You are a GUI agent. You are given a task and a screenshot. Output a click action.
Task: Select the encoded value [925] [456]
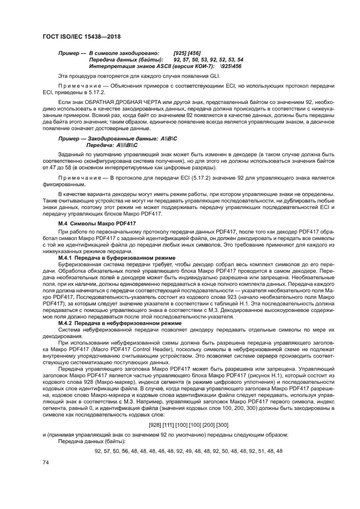pyautogui.click(x=187, y=53)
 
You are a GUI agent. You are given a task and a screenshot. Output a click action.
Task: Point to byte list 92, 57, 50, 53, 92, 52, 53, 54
pyautogui.click(x=208, y=59)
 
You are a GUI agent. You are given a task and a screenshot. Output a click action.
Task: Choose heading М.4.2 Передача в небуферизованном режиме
pyautogui.click(x=116, y=323)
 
